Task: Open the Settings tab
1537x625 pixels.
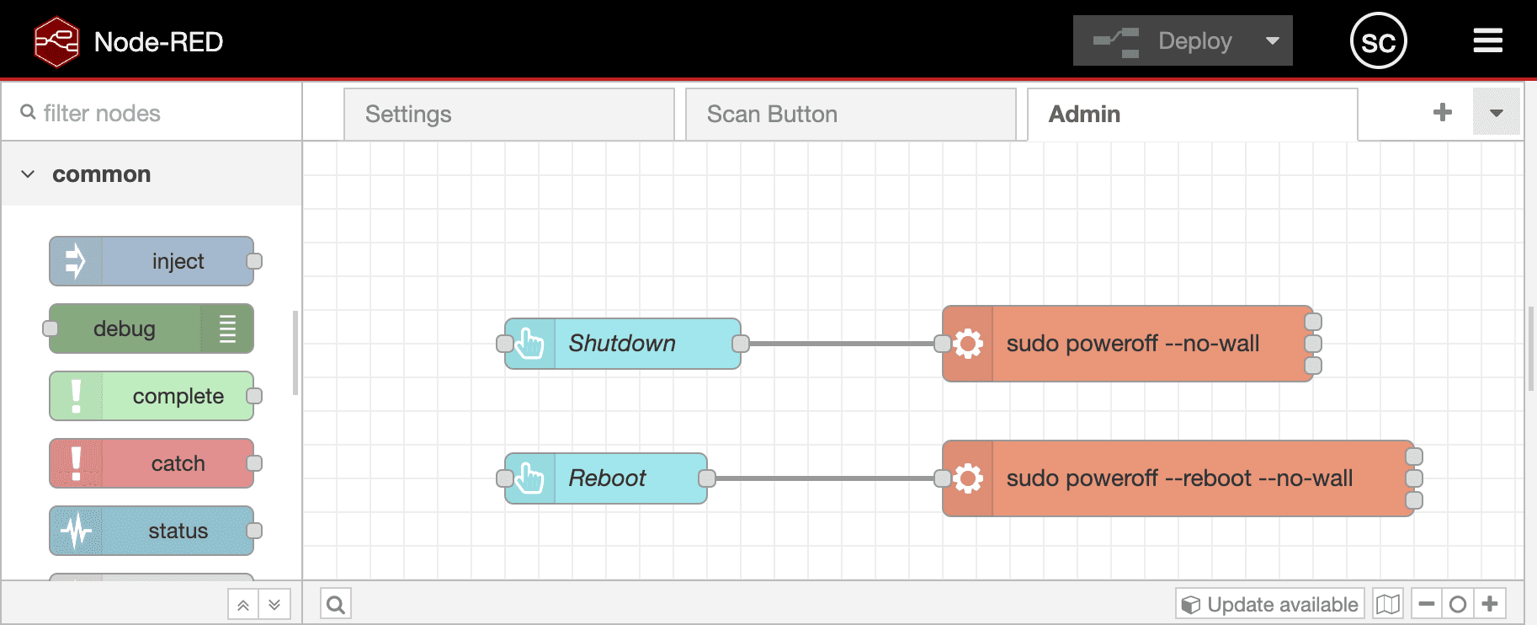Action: (x=508, y=115)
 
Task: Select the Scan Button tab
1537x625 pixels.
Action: (x=850, y=115)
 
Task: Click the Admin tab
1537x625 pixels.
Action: (x=1192, y=115)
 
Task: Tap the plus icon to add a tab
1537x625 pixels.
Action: (x=1443, y=112)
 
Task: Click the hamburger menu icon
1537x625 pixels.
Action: (x=1488, y=40)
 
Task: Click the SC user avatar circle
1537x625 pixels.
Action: (x=1379, y=40)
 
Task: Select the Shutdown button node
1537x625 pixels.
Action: (x=623, y=344)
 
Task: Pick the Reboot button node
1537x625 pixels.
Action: (x=606, y=478)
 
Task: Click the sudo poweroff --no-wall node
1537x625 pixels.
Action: (x=1132, y=344)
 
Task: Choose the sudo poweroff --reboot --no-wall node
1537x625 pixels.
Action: (x=1178, y=478)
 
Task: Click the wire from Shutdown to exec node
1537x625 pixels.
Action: (x=842, y=344)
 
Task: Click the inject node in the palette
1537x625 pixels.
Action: (x=152, y=261)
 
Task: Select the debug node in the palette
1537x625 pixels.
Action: (x=152, y=329)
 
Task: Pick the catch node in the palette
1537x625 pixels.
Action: (x=152, y=463)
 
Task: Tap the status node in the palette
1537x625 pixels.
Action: (x=152, y=531)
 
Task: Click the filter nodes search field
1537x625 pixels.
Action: (x=160, y=113)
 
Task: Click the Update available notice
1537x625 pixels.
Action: (x=1270, y=604)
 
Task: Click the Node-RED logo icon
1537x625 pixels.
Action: (x=56, y=41)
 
